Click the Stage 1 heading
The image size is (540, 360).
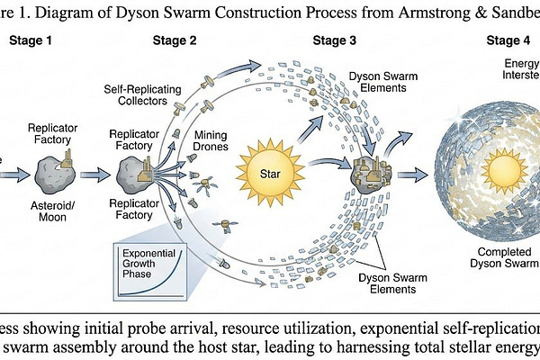click(x=30, y=40)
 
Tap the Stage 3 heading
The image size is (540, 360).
click(x=335, y=40)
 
